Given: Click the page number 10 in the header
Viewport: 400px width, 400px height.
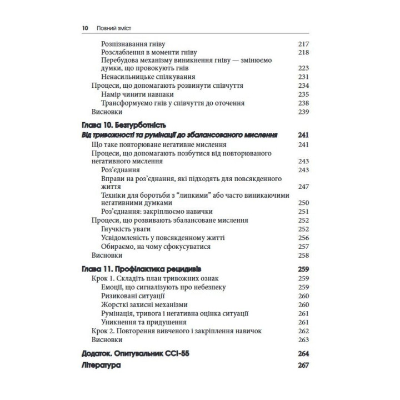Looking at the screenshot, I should (84, 27).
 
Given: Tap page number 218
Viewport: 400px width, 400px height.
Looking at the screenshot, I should (303, 52).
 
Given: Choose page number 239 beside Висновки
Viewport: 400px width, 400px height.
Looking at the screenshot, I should (303, 112).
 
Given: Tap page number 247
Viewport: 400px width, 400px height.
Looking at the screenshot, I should (303, 187).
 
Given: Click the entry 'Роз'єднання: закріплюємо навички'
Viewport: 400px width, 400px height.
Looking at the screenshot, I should (157, 212).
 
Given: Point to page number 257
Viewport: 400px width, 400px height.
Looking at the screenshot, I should (303, 246).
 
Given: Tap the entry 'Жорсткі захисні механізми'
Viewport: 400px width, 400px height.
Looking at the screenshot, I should (144, 305).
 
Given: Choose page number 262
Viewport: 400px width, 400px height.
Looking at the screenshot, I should (303, 331).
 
